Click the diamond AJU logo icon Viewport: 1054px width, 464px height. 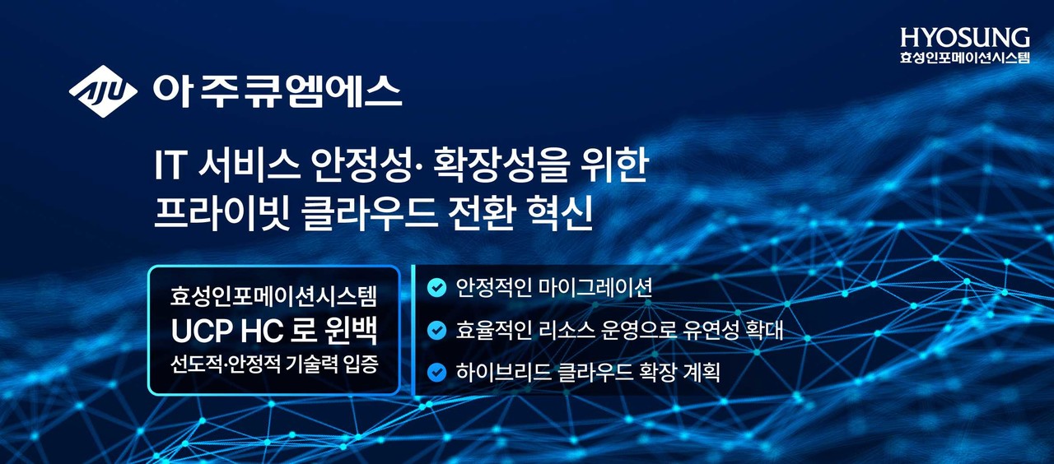click(x=103, y=91)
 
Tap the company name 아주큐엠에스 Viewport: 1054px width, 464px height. click(x=277, y=91)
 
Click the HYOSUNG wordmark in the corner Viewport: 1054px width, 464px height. click(x=965, y=38)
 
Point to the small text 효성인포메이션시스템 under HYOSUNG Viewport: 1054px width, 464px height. click(x=965, y=58)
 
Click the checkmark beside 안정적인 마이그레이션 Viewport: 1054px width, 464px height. click(x=437, y=288)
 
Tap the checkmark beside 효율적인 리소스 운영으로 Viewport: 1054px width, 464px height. click(x=437, y=331)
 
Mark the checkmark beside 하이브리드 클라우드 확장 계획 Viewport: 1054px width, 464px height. click(x=437, y=373)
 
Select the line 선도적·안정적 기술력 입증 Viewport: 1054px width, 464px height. click(x=274, y=364)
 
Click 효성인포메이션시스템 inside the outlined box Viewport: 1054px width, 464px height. click(x=274, y=294)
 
